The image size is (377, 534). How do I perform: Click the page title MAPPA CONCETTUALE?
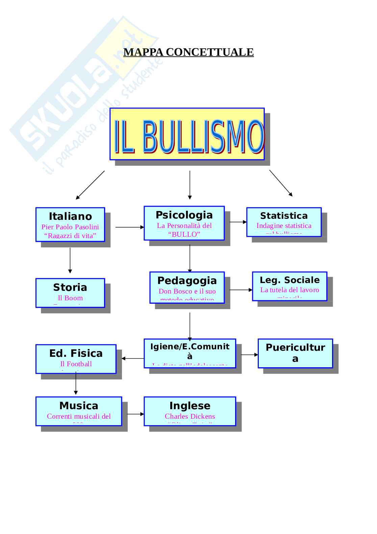point(188,52)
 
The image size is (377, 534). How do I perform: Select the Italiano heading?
point(70,216)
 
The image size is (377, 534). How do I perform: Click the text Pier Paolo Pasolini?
point(70,227)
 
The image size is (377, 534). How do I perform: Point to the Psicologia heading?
point(184,215)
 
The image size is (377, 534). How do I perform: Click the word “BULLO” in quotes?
point(184,234)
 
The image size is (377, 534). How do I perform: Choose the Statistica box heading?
point(284,216)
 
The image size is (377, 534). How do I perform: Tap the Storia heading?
point(70,287)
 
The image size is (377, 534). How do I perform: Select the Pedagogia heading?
point(187,280)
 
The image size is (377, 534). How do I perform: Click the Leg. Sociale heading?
point(290,280)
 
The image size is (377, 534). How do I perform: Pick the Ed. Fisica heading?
point(76,353)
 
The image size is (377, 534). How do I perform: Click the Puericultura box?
point(295,353)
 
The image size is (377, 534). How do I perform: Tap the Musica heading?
point(79,405)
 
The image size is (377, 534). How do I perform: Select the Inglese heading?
point(190,405)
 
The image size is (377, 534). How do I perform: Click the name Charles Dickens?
point(190,416)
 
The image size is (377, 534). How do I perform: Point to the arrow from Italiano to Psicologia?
point(130,227)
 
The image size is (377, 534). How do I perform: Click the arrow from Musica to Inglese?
point(135,414)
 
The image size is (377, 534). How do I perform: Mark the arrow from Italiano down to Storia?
point(70,260)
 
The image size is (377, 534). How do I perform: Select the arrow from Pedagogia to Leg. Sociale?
point(241,290)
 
